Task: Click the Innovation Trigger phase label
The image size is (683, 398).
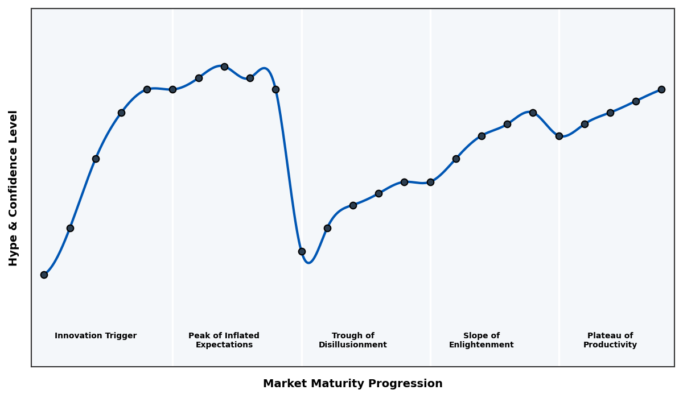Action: [x=96, y=336]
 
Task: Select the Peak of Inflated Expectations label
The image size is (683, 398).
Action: [x=224, y=340]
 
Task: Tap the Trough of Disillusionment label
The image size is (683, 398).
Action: [x=352, y=340]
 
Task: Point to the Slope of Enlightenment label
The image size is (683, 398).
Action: [x=481, y=340]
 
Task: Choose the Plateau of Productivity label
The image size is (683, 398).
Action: [x=610, y=340]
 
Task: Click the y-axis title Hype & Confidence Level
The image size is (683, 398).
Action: [x=14, y=188]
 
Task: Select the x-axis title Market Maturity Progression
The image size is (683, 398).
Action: [x=352, y=384]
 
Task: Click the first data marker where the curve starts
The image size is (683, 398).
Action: [x=44, y=275]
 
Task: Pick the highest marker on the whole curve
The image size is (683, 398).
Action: [x=224, y=67]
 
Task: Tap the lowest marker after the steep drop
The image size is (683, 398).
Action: [x=302, y=251]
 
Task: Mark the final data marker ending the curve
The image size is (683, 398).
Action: [x=661, y=89]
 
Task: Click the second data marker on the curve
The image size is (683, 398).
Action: [x=70, y=228]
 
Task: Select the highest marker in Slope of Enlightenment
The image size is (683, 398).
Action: [x=533, y=113]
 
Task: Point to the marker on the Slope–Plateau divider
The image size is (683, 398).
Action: [x=559, y=136]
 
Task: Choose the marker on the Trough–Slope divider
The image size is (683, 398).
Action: [x=430, y=182]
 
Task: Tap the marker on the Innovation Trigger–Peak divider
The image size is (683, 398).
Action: [x=172, y=89]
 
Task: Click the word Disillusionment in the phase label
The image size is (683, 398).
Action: [x=352, y=345]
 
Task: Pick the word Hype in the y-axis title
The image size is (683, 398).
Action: [x=14, y=253]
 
